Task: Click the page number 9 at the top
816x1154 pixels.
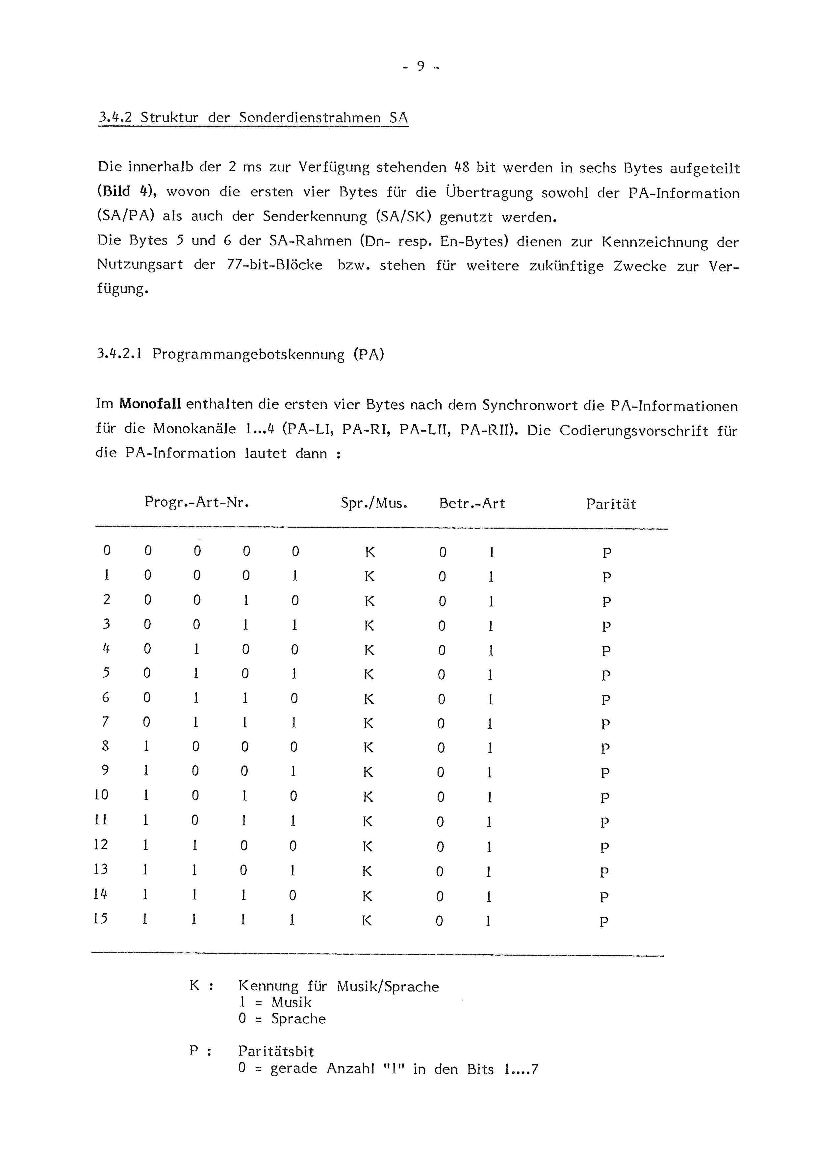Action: (420, 66)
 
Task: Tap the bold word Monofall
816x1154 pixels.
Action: (151, 404)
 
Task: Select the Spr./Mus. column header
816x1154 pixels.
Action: (373, 503)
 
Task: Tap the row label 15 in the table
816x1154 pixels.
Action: (101, 919)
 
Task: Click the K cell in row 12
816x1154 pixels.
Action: (368, 846)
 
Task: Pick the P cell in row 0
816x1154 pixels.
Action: (607, 553)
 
